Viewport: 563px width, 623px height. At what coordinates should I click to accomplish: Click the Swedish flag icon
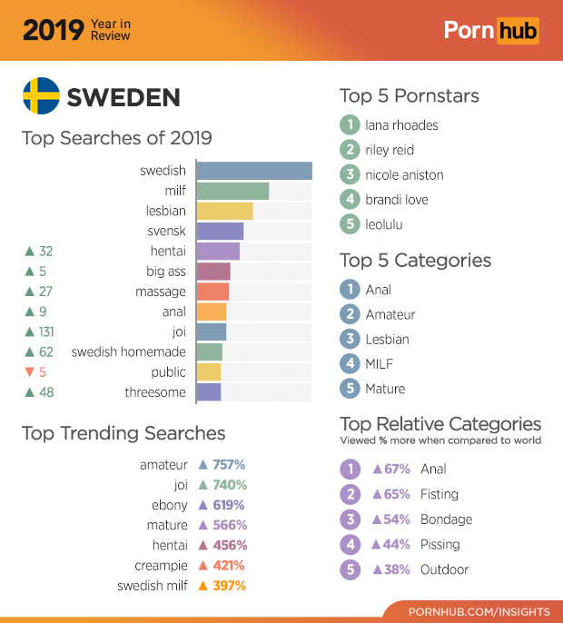tap(41, 96)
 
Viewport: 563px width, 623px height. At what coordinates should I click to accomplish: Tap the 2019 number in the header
tap(53, 30)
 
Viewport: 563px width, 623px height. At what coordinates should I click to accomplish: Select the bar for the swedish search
tap(253, 171)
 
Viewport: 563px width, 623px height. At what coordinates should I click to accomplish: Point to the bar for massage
tap(212, 292)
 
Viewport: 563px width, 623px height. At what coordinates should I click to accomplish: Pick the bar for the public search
tap(209, 372)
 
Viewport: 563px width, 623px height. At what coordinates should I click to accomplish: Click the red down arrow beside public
tap(29, 372)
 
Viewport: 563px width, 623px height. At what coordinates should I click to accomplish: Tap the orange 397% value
tap(229, 586)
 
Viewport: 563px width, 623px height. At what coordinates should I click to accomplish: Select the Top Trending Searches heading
tap(123, 433)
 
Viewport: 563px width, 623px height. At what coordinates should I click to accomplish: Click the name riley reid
tap(390, 150)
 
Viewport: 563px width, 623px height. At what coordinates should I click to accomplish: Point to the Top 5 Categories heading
tap(415, 261)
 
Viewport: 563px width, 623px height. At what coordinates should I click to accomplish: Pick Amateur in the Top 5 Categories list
tap(390, 314)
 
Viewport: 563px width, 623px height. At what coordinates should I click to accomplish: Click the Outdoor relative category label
tap(445, 569)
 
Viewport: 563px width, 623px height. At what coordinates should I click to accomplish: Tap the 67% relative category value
tap(397, 470)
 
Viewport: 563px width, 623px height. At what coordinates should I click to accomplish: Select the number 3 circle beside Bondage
tap(350, 519)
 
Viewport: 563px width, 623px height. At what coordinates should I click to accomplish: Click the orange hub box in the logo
tap(517, 31)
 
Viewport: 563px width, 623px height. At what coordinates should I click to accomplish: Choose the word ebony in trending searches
tap(170, 505)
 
